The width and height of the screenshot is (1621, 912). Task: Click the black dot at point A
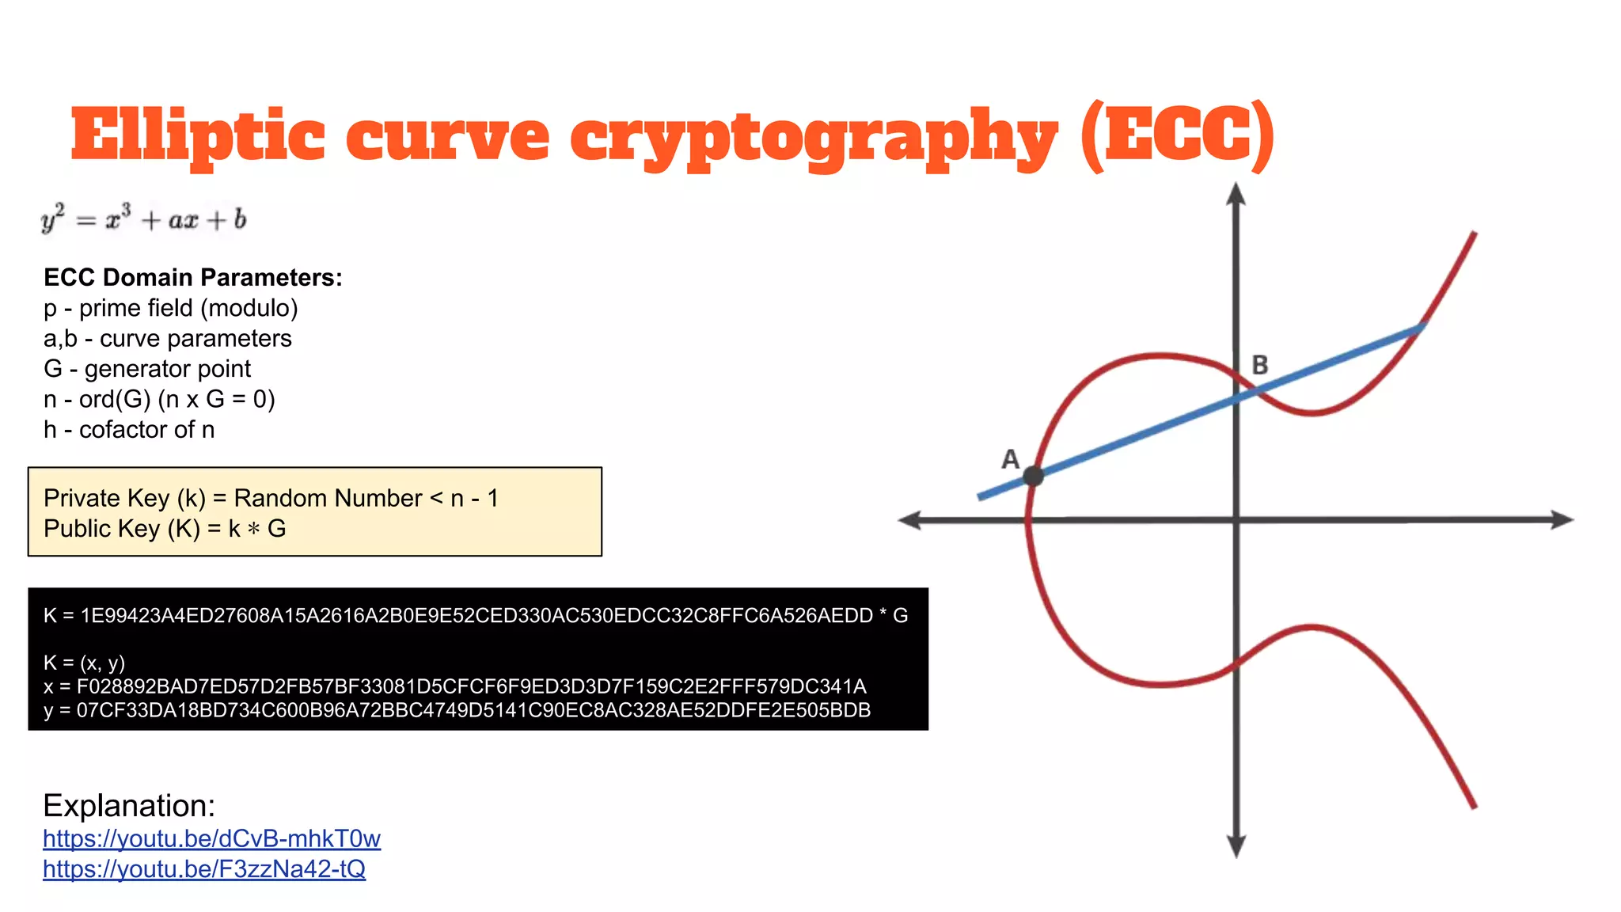[x=1033, y=476]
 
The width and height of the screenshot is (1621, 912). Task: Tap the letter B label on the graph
[x=1260, y=365]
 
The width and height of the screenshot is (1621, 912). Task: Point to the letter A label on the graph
[x=1010, y=459]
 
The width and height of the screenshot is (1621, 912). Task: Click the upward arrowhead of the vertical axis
[x=1236, y=194]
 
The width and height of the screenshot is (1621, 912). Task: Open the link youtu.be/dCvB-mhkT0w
[x=211, y=838]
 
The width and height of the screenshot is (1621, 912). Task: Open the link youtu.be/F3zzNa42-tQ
[x=204, y=869]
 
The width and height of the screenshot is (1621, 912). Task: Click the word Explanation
[x=129, y=805]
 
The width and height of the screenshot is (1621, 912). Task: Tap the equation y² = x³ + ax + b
[x=144, y=219]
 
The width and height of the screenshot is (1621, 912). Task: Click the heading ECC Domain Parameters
[x=193, y=277]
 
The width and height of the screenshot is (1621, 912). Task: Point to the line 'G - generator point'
[x=147, y=369]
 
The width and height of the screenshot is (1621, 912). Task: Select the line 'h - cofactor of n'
[x=129, y=430]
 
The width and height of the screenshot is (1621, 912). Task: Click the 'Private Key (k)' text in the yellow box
[x=124, y=498]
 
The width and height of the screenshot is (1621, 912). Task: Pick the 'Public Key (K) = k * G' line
[x=165, y=529]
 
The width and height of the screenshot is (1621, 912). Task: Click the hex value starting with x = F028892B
[x=455, y=686]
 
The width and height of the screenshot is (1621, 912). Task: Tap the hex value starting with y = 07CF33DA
[x=457, y=710]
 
